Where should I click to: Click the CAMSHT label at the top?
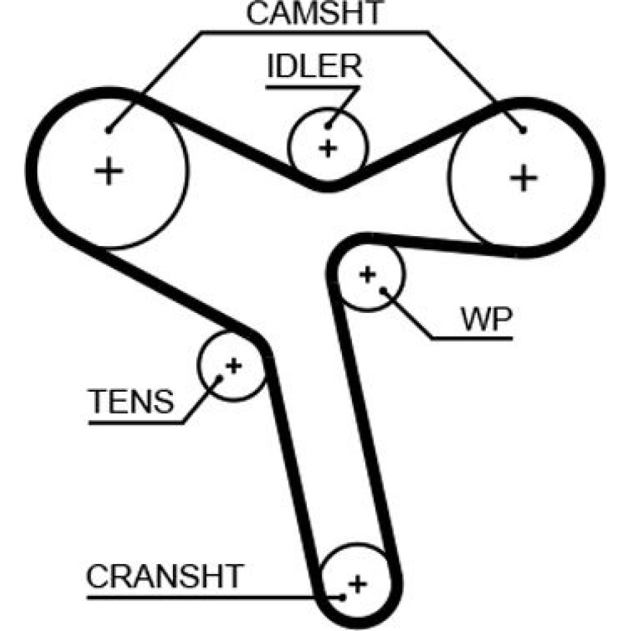[314, 14]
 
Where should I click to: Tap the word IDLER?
[314, 66]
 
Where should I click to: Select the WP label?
[487, 320]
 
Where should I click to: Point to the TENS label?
[131, 401]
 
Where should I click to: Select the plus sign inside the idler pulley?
[327, 148]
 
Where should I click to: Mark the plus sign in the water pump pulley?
[367, 274]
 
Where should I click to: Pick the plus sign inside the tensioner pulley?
[233, 365]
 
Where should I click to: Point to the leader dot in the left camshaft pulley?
[109, 131]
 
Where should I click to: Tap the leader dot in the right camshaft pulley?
[523, 131]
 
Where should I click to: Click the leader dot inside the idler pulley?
[328, 126]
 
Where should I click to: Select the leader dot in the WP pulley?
[383, 291]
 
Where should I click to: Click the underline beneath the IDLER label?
[309, 86]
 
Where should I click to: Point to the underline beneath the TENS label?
[136, 422]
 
